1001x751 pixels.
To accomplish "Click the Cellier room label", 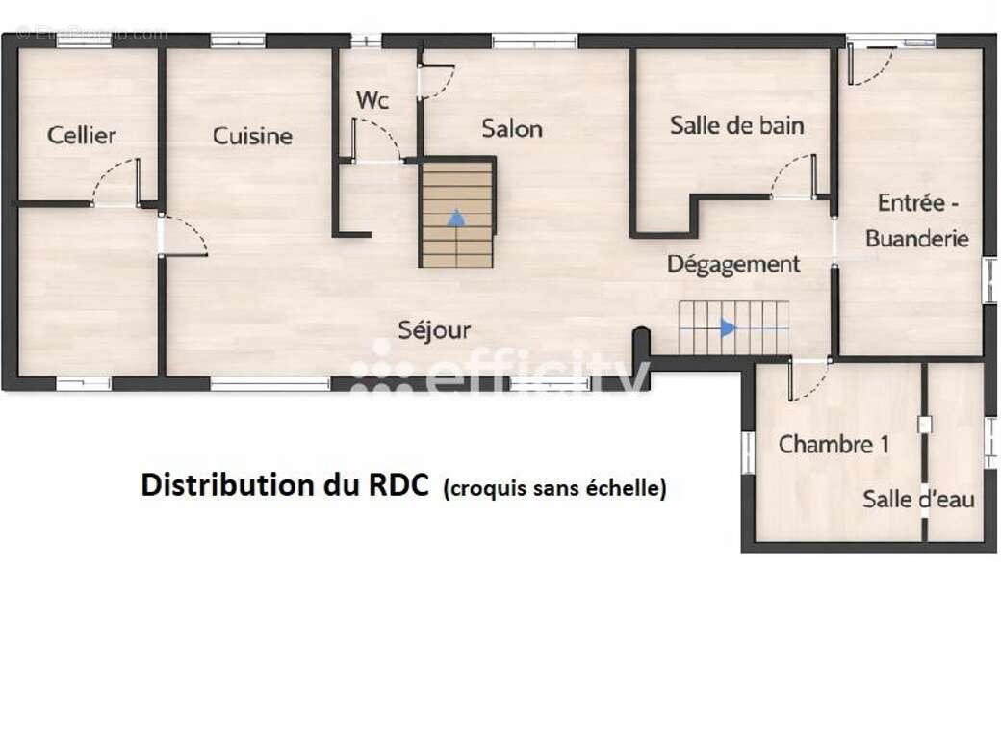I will coord(82,135).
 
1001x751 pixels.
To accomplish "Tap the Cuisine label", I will coord(252,136).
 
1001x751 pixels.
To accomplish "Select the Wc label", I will coord(372,100).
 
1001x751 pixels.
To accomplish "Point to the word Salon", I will coord(512,128).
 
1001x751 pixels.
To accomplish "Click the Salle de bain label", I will coord(737,125).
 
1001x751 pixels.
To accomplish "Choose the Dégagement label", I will coord(733,264).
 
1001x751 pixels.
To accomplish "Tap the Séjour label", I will coord(435,330).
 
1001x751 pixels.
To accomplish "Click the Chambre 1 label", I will coord(834,444).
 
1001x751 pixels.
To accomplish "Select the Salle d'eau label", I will coord(918,499).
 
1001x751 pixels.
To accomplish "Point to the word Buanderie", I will coord(916,239).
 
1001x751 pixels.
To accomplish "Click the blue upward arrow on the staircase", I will coord(456,217).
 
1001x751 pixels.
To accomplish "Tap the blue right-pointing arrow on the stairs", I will coord(729,327).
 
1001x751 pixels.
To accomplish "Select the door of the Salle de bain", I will coord(796,176).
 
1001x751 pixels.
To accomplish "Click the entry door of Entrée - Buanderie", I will coord(871,62).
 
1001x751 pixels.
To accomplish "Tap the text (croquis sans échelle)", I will coord(554,488).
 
